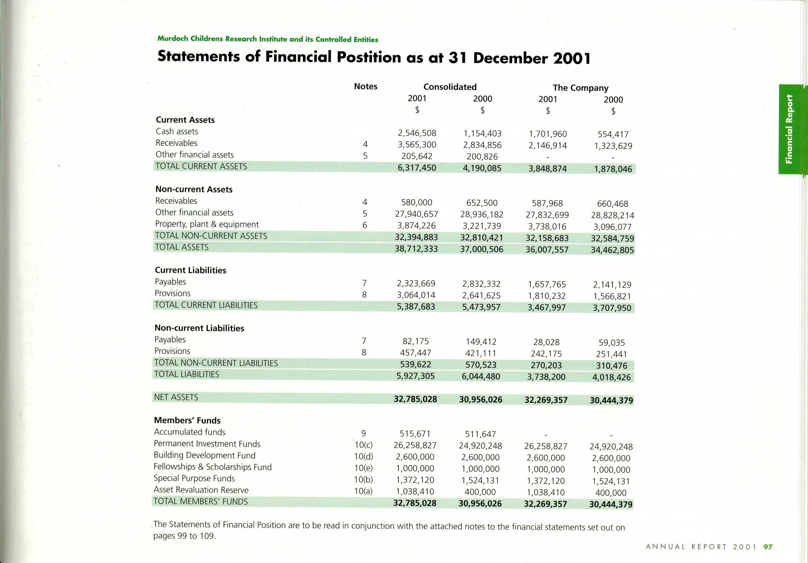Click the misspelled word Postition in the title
tap(368, 57)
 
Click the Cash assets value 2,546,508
tap(417, 133)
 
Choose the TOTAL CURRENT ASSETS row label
tap(201, 166)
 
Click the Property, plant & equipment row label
tap(207, 224)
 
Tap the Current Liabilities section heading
tap(190, 270)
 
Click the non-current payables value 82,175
tap(416, 341)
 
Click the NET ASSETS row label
tap(176, 397)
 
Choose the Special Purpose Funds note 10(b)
tap(363, 480)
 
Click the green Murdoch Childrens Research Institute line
tap(267, 39)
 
